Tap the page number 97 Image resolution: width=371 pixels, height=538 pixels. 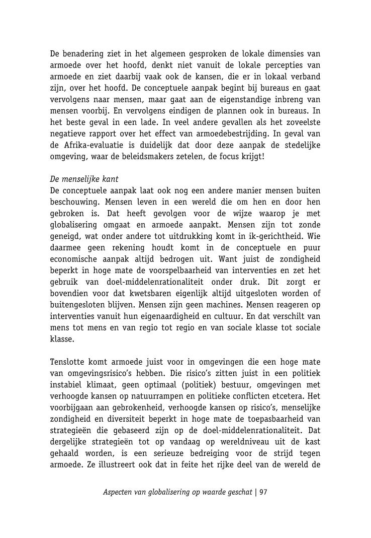(x=263, y=492)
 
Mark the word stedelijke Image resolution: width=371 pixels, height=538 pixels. (x=301, y=145)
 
